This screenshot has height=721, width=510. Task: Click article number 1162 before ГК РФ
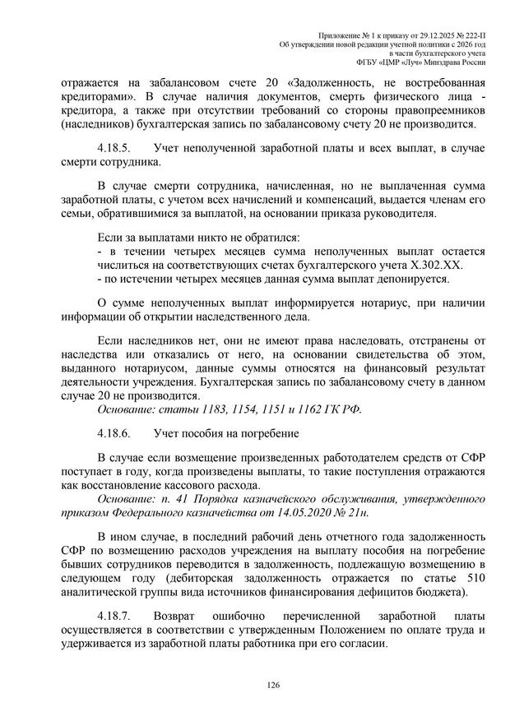(x=316, y=409)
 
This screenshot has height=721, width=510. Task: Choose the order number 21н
(x=357, y=512)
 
